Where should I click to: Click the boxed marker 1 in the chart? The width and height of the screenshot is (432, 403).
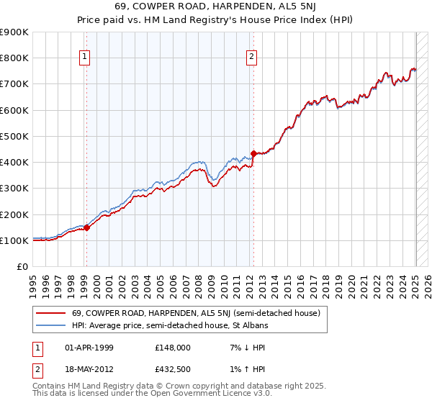coord(85,58)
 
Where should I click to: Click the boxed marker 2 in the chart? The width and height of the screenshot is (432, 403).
coord(252,58)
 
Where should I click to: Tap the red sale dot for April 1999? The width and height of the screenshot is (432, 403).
coord(86,228)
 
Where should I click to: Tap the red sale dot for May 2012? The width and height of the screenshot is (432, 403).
coord(253,153)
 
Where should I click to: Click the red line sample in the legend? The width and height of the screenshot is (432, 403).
coord(50,312)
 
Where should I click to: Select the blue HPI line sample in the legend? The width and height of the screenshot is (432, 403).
coord(50,325)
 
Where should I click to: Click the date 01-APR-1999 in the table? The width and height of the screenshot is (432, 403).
coord(89,348)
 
